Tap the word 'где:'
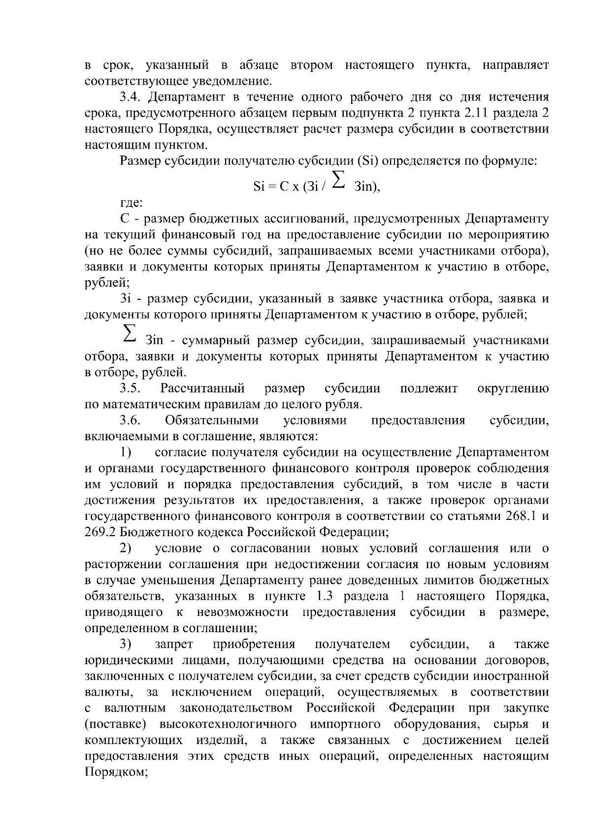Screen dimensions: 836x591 [131, 202]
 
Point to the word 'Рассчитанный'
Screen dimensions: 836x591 [202, 389]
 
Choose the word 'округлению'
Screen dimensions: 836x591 [513, 389]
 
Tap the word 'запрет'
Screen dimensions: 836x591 [174, 644]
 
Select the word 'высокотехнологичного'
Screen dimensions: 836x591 [228, 725]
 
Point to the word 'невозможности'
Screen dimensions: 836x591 [243, 612]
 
